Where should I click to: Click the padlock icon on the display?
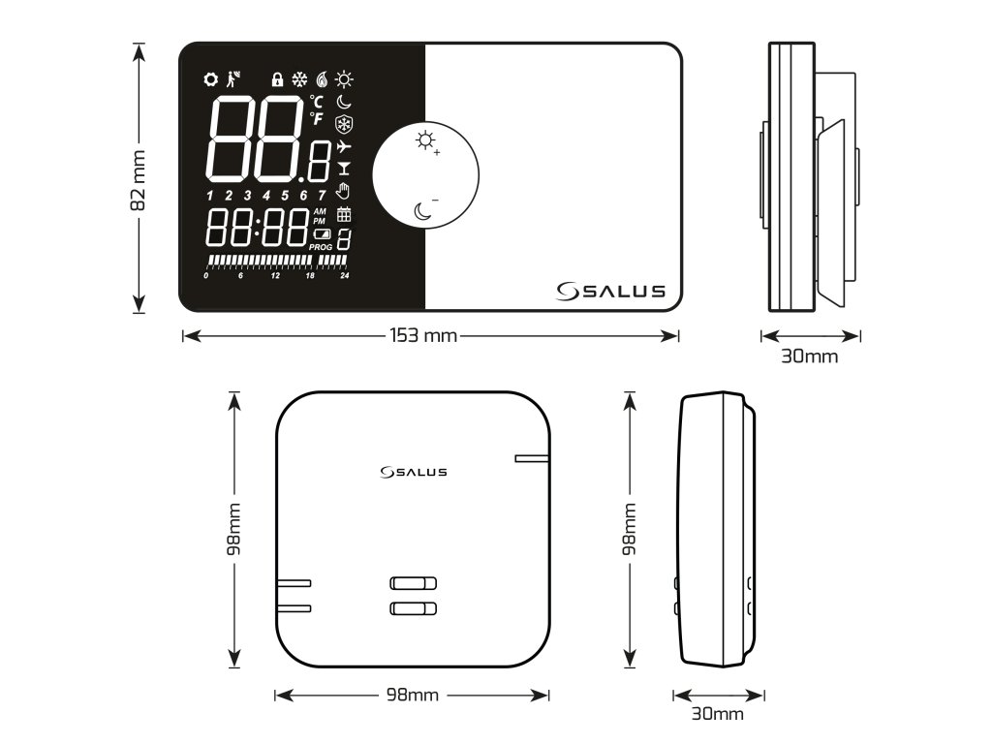277,78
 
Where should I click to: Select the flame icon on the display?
322,78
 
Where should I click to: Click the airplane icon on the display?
344,146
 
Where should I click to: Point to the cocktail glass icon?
344,169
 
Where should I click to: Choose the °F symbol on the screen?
317,118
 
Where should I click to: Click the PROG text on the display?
321,247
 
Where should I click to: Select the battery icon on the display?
321,234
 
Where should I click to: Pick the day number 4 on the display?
266,196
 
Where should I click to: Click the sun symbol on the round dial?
424,140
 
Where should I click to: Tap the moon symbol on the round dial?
422,210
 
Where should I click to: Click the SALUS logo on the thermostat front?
613,291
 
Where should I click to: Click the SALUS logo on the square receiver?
414,472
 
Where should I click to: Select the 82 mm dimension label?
139,179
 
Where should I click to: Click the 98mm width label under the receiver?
412,695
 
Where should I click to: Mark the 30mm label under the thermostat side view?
810,356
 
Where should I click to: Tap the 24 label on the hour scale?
345,276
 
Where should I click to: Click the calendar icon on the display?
344,215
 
